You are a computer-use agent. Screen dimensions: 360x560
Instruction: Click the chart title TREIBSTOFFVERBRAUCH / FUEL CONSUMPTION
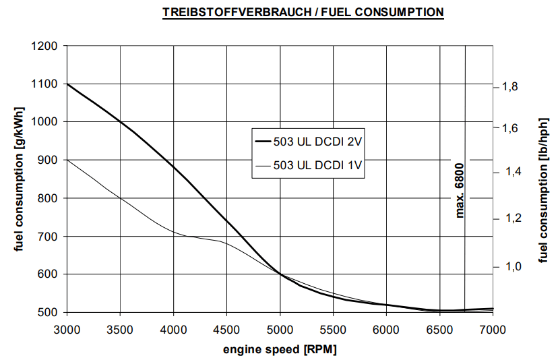pyautogui.click(x=303, y=12)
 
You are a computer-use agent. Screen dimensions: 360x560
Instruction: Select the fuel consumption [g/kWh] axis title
pyautogui.click(x=19, y=179)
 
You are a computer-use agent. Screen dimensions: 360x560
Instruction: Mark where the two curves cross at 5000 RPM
pyautogui.click(x=280, y=274)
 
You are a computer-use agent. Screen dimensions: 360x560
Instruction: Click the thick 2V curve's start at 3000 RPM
pyautogui.click(x=67, y=84)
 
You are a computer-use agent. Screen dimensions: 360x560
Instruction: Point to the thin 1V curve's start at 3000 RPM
pyautogui.click(x=67, y=160)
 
